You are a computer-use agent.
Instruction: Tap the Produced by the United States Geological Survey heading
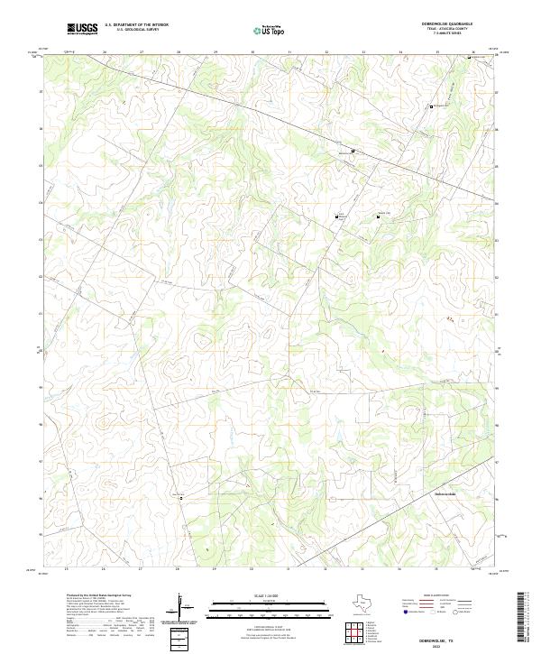99,595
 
